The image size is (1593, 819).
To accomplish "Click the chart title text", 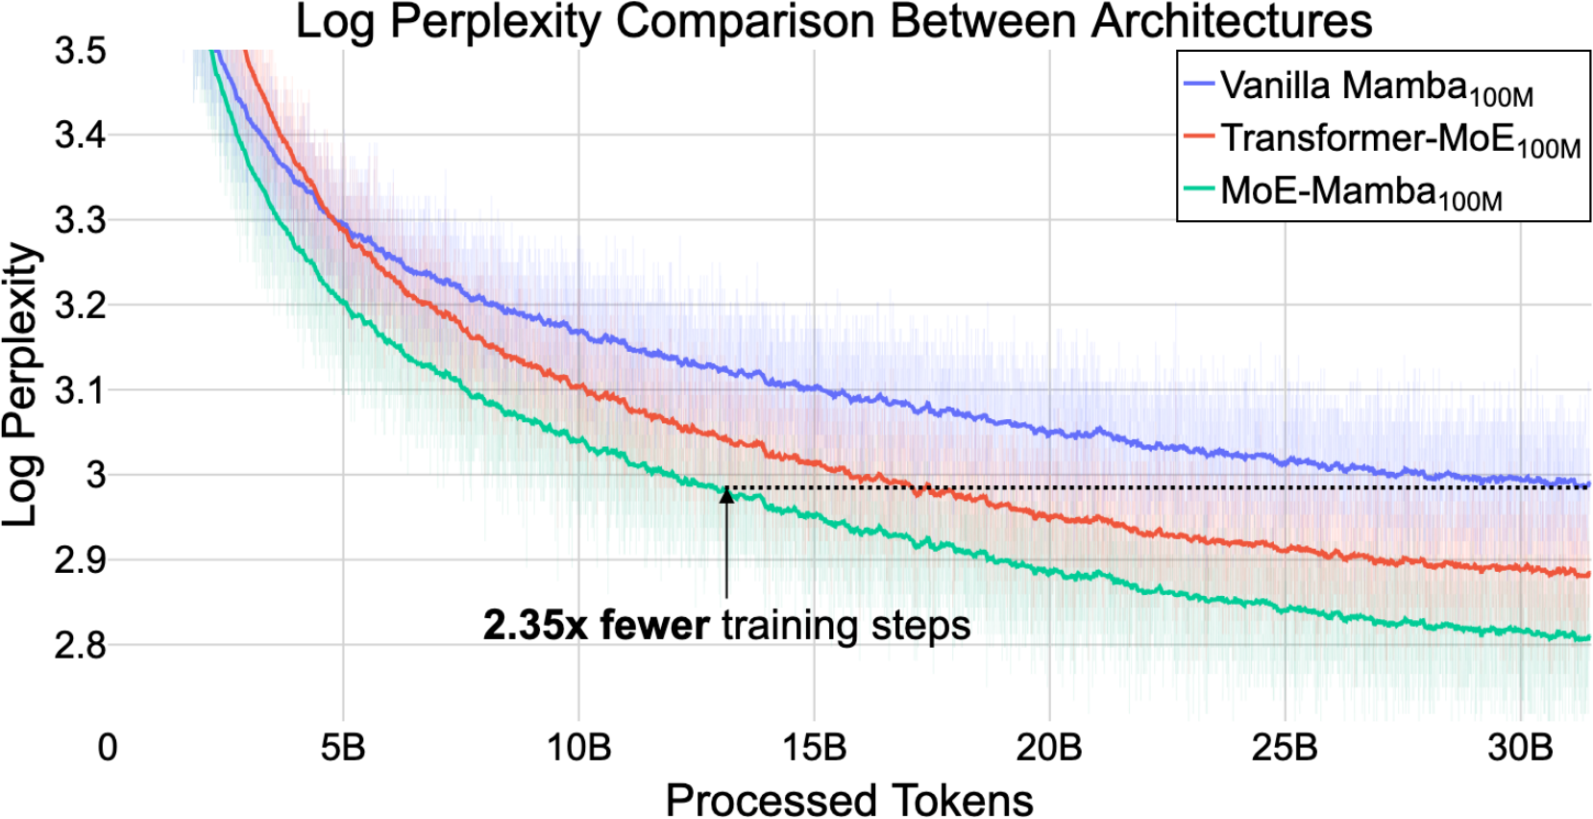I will pos(833,21).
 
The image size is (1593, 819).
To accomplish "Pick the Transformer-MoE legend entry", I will pos(1400,139).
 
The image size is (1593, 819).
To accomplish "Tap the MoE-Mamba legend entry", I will pos(1360,191).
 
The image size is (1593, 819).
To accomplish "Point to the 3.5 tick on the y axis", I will pos(80,50).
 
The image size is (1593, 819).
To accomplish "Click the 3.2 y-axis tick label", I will pos(80,306).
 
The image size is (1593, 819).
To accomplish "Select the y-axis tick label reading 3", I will pos(95,475).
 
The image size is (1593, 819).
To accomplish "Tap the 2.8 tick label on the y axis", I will pos(80,645).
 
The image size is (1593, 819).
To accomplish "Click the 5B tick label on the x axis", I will pos(343,747).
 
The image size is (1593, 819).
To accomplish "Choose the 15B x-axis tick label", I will pos(814,747).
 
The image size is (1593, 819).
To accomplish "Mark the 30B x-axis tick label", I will pos(1520,747).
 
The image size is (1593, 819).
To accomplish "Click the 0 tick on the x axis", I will pos(108,747).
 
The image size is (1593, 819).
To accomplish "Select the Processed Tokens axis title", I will pos(849,799).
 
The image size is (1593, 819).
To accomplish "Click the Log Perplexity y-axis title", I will pos(21,385).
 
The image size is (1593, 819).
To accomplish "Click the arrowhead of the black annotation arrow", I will pos(726,494).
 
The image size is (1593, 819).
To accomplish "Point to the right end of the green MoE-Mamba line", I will pos(1586,637).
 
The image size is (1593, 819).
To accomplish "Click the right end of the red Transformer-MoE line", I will pos(1586,575).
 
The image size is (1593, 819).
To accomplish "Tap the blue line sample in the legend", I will pos(1200,85).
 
